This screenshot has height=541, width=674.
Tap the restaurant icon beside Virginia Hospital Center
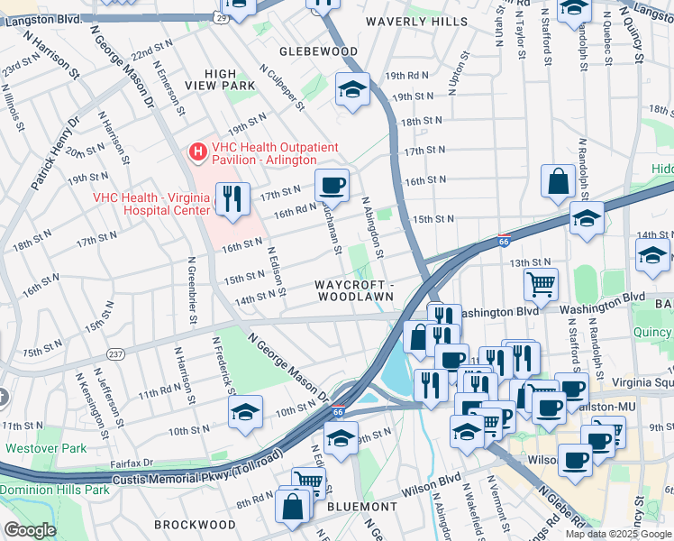(232, 198)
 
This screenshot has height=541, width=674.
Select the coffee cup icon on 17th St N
(332, 185)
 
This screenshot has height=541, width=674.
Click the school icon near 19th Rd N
(352, 89)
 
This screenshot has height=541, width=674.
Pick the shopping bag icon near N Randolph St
(558, 180)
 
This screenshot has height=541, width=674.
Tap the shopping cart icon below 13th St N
(541, 284)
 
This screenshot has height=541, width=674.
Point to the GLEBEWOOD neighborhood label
(318, 52)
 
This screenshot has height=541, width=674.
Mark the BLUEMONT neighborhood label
(357, 507)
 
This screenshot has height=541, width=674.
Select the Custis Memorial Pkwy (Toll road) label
(196, 477)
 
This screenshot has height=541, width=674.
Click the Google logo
(30, 529)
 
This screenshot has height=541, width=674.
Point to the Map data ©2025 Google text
(616, 534)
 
